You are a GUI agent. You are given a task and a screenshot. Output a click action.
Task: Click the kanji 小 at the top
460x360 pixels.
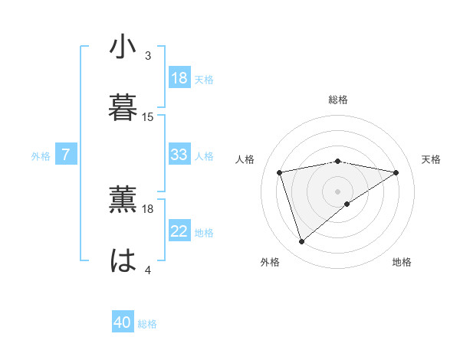(x=123, y=47)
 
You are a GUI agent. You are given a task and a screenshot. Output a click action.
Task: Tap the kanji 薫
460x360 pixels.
(x=123, y=201)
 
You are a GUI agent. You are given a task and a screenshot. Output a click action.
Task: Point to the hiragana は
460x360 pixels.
(x=123, y=260)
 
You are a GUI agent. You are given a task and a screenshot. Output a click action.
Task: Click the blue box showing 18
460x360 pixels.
(x=179, y=78)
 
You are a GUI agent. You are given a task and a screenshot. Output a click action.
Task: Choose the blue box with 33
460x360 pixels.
(x=179, y=155)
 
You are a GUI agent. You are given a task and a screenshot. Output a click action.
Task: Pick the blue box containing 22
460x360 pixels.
(x=179, y=231)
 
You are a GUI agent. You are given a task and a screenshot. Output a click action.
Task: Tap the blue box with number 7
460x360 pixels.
(x=66, y=155)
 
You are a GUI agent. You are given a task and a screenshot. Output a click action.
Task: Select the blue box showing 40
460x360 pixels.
(x=123, y=323)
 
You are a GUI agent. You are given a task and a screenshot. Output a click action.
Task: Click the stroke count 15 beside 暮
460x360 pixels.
(x=148, y=117)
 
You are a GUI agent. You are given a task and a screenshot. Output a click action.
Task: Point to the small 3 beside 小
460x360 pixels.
(x=148, y=56)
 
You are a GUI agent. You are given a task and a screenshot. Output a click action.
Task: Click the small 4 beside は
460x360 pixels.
(x=148, y=270)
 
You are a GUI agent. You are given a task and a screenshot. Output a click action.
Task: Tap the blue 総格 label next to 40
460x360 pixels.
(x=147, y=324)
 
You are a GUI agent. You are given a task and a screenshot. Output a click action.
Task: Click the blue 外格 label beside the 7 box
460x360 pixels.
(x=41, y=155)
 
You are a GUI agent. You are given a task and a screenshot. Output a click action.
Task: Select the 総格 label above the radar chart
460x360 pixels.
(x=338, y=100)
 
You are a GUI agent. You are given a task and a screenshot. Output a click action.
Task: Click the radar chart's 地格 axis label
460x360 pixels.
(x=402, y=262)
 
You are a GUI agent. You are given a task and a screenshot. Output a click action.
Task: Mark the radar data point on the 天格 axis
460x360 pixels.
(x=396, y=172)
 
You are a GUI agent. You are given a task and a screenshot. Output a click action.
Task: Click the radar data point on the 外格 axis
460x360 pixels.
(x=301, y=242)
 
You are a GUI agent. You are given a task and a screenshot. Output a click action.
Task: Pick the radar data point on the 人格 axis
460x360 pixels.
(x=280, y=172)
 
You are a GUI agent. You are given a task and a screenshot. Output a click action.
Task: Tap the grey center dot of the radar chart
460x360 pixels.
(x=338, y=191)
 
